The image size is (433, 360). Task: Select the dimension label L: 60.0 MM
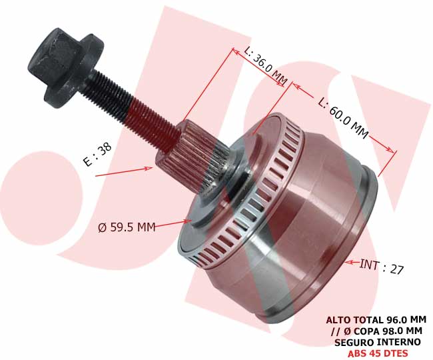343,118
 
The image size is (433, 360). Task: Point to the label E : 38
97,155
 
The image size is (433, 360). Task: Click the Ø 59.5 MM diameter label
127,227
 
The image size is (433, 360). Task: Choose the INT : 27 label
382,267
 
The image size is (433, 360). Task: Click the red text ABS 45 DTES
378,353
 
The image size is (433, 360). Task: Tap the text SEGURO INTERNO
378,342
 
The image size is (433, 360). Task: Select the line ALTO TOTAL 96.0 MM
376,320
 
